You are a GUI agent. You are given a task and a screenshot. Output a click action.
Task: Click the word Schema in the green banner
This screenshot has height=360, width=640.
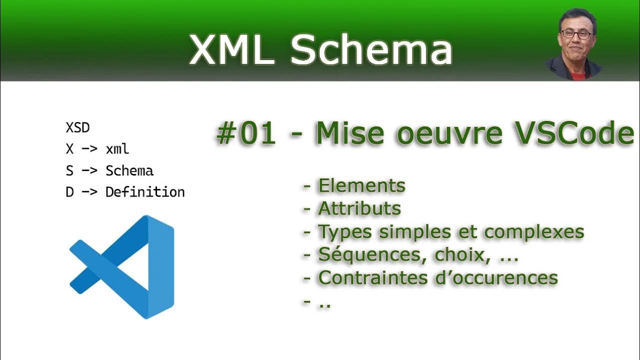point(371,50)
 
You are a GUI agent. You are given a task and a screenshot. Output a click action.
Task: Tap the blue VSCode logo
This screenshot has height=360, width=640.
point(122,266)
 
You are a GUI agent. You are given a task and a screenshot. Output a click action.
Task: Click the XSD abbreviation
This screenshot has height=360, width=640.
point(77,127)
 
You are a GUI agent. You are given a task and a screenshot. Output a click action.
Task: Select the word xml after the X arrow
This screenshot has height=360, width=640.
point(117,149)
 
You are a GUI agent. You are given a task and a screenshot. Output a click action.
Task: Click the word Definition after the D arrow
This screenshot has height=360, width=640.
point(145,192)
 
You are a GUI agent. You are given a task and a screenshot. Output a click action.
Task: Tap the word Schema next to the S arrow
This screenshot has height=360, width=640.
point(129,170)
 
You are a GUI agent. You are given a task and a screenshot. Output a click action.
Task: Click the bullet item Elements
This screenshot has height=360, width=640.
point(361,185)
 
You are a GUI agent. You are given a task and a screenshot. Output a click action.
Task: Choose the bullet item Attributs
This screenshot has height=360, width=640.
point(359,208)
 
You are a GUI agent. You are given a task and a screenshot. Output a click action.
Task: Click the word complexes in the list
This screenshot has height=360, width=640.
point(534,231)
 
